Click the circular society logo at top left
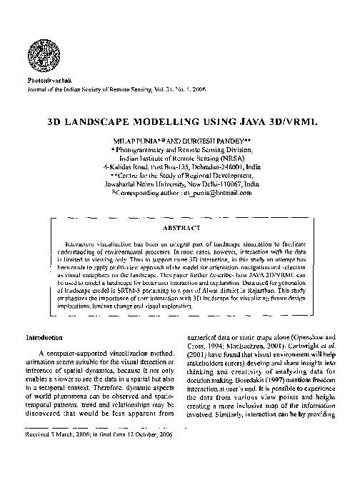click(36, 51)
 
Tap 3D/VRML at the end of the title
click(279, 122)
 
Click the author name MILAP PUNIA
click(149, 141)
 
